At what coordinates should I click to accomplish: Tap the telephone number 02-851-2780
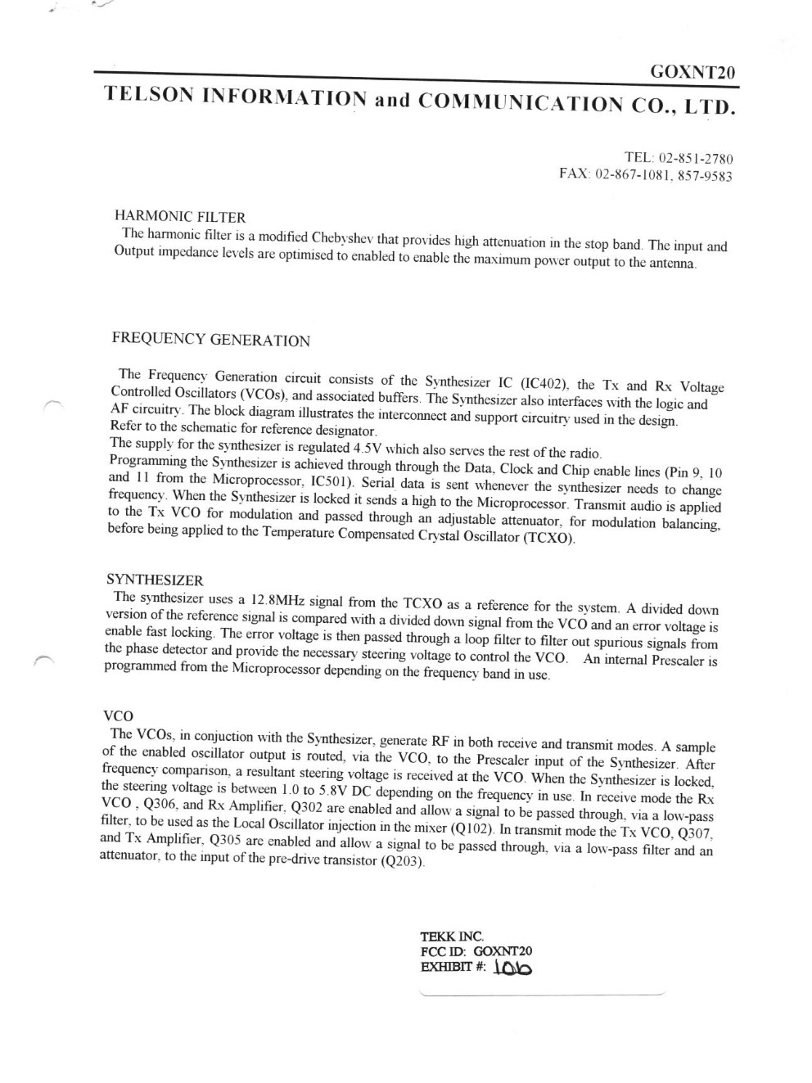tap(693, 158)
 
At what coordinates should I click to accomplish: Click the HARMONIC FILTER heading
tap(180, 217)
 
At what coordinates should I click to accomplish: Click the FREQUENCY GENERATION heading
tap(211, 340)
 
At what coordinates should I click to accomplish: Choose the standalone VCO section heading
tap(117, 715)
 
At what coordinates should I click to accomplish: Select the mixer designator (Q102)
tap(473, 828)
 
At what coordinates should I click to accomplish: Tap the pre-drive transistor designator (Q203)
tap(404, 864)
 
